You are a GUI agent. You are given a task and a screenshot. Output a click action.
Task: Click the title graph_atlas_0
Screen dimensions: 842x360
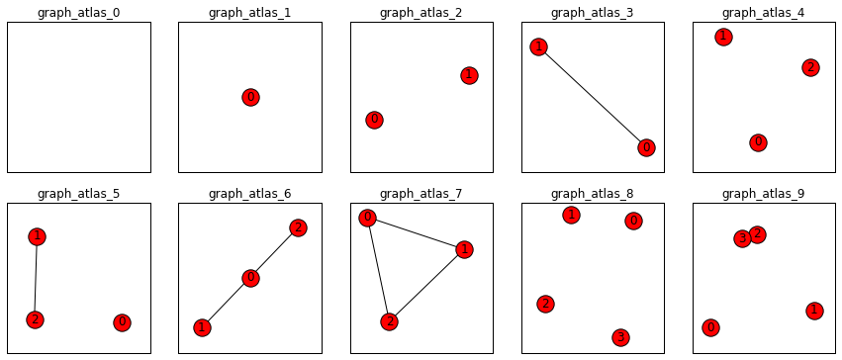[78, 12]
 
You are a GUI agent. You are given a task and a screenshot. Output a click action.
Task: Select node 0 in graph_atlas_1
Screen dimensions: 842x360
[250, 97]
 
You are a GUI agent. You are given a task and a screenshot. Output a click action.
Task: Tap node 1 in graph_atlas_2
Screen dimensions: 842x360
[469, 75]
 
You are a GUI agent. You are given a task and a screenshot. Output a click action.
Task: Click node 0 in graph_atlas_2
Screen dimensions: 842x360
[374, 120]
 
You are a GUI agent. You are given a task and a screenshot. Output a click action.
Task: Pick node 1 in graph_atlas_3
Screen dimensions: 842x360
[538, 46]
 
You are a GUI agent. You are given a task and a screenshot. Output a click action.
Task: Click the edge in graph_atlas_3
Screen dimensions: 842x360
[592, 97]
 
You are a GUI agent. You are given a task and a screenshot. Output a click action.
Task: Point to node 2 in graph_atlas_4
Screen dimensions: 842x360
[810, 67]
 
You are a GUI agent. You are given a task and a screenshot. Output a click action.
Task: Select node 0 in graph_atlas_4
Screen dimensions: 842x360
[758, 142]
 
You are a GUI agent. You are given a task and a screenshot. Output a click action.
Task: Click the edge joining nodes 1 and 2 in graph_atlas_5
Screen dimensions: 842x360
[36, 278]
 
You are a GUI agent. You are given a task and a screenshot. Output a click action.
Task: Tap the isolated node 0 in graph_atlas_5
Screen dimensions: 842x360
[122, 322]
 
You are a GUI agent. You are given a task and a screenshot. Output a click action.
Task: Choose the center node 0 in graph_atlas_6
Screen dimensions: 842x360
[250, 278]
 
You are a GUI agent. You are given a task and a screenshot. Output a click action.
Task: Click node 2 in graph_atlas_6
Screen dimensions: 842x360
[298, 227]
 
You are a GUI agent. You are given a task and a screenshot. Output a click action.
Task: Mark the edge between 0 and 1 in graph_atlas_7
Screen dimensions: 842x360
[416, 233]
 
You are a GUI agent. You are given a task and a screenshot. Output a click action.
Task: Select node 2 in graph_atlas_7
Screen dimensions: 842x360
[389, 321]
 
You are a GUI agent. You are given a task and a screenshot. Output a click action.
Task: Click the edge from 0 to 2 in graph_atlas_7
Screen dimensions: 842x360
[378, 269]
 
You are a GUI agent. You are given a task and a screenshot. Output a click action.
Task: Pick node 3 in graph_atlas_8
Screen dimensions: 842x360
[619, 337]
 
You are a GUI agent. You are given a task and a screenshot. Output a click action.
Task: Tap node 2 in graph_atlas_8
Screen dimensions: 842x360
[545, 304]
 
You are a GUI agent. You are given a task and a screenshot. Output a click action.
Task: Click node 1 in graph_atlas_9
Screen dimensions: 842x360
[814, 311]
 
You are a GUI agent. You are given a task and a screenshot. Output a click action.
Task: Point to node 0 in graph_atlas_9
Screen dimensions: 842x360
[710, 327]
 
